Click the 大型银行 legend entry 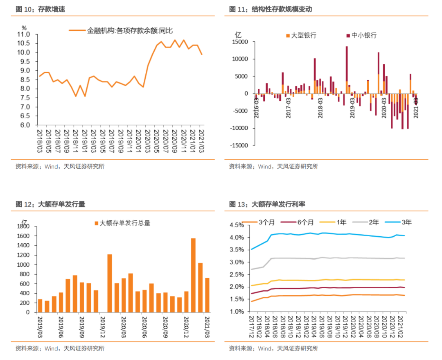(303, 35)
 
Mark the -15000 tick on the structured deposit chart (239, 145)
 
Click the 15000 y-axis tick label (241, 42)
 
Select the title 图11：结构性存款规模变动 (270, 9)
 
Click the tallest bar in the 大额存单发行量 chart (193, 275)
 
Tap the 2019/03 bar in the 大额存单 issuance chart (40, 306)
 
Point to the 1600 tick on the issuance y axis (24, 236)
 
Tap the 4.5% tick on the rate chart (236, 225)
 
